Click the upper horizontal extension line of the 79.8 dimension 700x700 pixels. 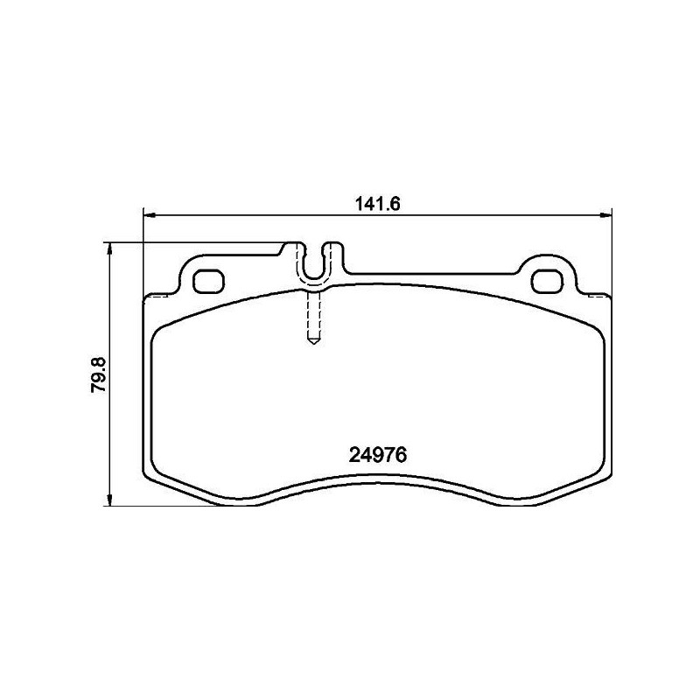pyautogui.click(x=192, y=242)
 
